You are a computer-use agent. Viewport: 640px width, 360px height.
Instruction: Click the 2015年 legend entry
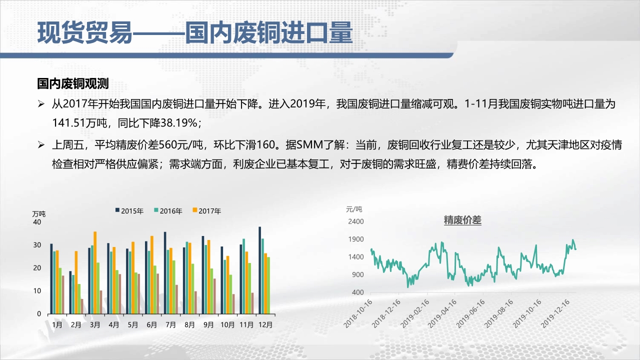(x=129, y=211)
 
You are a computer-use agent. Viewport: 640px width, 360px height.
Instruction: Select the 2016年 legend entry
(x=168, y=211)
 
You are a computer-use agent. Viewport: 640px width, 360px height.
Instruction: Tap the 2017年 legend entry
(x=207, y=211)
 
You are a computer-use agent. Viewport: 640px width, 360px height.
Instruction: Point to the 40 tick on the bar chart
(x=37, y=222)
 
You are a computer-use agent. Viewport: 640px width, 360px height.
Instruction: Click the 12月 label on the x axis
(x=265, y=324)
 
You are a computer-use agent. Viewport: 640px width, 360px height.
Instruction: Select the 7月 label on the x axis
(x=170, y=324)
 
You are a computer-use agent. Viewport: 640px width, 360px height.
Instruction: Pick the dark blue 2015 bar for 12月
(x=259, y=270)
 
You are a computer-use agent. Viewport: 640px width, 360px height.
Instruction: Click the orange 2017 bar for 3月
(x=95, y=272)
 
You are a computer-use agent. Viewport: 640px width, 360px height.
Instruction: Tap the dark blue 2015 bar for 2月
(x=70, y=292)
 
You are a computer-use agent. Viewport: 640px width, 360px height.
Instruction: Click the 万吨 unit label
(x=39, y=213)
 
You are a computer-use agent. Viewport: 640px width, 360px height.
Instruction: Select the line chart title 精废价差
(x=462, y=220)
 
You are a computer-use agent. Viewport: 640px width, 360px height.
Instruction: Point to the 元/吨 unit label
(x=354, y=209)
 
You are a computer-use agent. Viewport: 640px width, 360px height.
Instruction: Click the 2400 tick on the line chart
(x=355, y=221)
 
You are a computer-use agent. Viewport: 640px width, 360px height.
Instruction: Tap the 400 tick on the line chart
(x=357, y=292)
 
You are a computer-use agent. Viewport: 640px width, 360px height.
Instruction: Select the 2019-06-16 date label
(x=470, y=313)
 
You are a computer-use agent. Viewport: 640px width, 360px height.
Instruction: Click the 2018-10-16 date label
(x=357, y=313)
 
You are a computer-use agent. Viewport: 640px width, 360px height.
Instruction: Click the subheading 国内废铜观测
(x=73, y=83)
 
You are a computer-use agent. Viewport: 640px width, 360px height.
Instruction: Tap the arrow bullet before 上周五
(x=41, y=145)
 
